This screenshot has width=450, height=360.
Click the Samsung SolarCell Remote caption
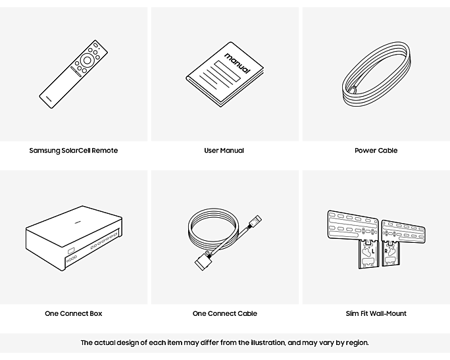(74, 151)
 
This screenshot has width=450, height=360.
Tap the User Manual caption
(224, 151)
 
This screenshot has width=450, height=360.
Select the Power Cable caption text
(376, 151)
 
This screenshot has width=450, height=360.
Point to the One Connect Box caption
(74, 313)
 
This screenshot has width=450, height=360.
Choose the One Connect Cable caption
(225, 313)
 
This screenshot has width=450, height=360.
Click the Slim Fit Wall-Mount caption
(376, 313)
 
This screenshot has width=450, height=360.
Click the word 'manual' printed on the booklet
(238, 63)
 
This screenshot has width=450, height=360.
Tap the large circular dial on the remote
(87, 61)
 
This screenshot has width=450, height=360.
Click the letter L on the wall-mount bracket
(373, 251)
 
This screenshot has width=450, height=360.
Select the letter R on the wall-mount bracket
(386, 251)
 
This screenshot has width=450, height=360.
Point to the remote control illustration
(74, 74)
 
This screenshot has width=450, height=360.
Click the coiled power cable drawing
(376, 74)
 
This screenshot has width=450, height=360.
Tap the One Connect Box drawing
(74, 238)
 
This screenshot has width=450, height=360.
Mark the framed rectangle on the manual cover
(227, 71)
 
